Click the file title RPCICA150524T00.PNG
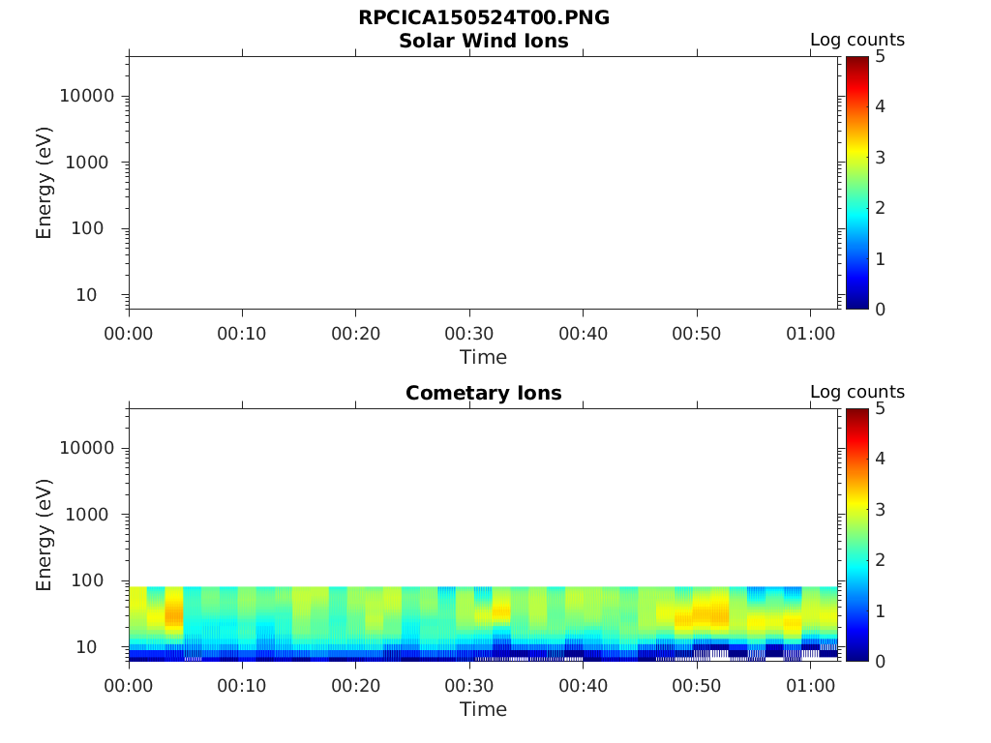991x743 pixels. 484,18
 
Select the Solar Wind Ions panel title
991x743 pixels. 484,41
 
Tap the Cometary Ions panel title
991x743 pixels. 484,393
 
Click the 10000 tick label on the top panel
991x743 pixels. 87,96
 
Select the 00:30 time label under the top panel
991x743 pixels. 469,334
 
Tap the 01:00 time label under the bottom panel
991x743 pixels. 810,686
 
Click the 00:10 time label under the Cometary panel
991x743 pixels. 242,686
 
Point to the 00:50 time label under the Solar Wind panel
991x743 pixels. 697,334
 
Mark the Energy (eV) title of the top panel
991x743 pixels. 45,182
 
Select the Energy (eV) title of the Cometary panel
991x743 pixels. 45,534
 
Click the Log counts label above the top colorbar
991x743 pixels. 857,40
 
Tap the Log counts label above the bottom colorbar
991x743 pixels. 857,392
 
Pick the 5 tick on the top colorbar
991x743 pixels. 880,56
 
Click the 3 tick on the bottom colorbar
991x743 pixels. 880,509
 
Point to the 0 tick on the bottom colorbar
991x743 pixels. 880,661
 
